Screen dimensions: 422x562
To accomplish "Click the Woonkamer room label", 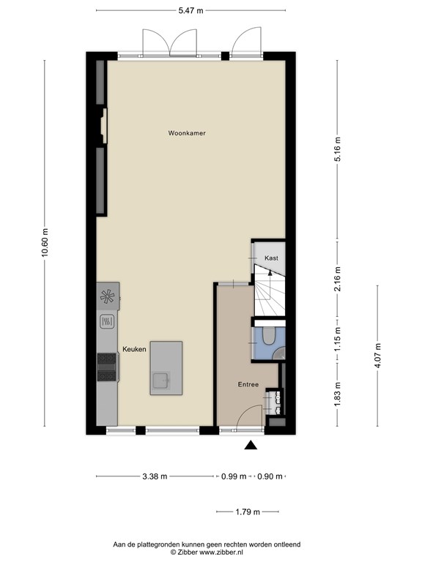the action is point(187,133).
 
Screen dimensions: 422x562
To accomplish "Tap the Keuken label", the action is point(134,349).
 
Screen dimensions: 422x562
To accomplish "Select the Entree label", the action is point(248,385).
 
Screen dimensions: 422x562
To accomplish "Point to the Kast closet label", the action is point(271,258).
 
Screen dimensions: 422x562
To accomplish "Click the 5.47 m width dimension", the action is point(191,10).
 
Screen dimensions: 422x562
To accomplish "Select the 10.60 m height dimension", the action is point(45,243).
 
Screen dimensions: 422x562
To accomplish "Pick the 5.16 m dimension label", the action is point(337,149).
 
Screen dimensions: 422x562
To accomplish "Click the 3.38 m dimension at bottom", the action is point(155,476).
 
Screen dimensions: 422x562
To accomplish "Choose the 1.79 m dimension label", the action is point(248,512).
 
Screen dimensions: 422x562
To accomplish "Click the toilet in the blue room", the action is point(268,336).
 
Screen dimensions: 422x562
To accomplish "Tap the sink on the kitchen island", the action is point(161,381).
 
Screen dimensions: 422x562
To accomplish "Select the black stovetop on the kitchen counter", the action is point(107,367).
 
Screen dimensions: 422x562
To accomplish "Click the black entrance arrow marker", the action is point(251,445).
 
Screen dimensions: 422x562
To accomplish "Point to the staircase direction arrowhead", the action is point(270,272).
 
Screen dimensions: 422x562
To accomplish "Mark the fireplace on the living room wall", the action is point(103,126).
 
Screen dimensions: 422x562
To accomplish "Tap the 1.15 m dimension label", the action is point(337,340).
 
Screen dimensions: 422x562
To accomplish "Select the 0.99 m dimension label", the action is point(234,476).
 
